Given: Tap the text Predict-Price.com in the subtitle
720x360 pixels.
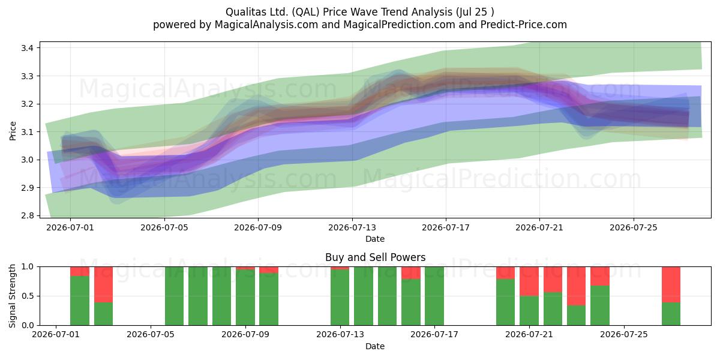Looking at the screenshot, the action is (x=523, y=25).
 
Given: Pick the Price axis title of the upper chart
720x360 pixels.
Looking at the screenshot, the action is (x=13, y=131).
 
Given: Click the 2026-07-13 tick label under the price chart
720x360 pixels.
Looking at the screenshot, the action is (x=352, y=227).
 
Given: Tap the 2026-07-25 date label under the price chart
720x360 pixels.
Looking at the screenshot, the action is (x=634, y=227).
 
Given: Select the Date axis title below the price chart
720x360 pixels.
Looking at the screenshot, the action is (x=375, y=239).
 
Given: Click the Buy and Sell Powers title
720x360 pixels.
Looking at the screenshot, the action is (x=375, y=257).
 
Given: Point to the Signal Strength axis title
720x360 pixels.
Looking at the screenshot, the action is (x=12, y=296).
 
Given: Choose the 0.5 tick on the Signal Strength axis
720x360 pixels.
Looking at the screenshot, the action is (x=28, y=296).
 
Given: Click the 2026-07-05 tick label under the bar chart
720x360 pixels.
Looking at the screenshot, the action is (x=151, y=334).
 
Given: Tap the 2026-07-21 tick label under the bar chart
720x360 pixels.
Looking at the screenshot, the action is (x=529, y=334).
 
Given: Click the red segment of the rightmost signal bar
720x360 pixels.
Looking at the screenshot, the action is (x=671, y=284).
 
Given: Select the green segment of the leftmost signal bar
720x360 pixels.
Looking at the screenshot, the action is (x=80, y=301).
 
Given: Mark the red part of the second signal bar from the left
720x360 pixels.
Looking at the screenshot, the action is (x=103, y=284).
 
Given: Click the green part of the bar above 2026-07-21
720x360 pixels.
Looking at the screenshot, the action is (x=529, y=311).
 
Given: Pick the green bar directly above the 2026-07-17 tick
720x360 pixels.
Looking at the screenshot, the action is (x=434, y=296).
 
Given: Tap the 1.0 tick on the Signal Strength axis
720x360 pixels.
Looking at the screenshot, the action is (x=28, y=267).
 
